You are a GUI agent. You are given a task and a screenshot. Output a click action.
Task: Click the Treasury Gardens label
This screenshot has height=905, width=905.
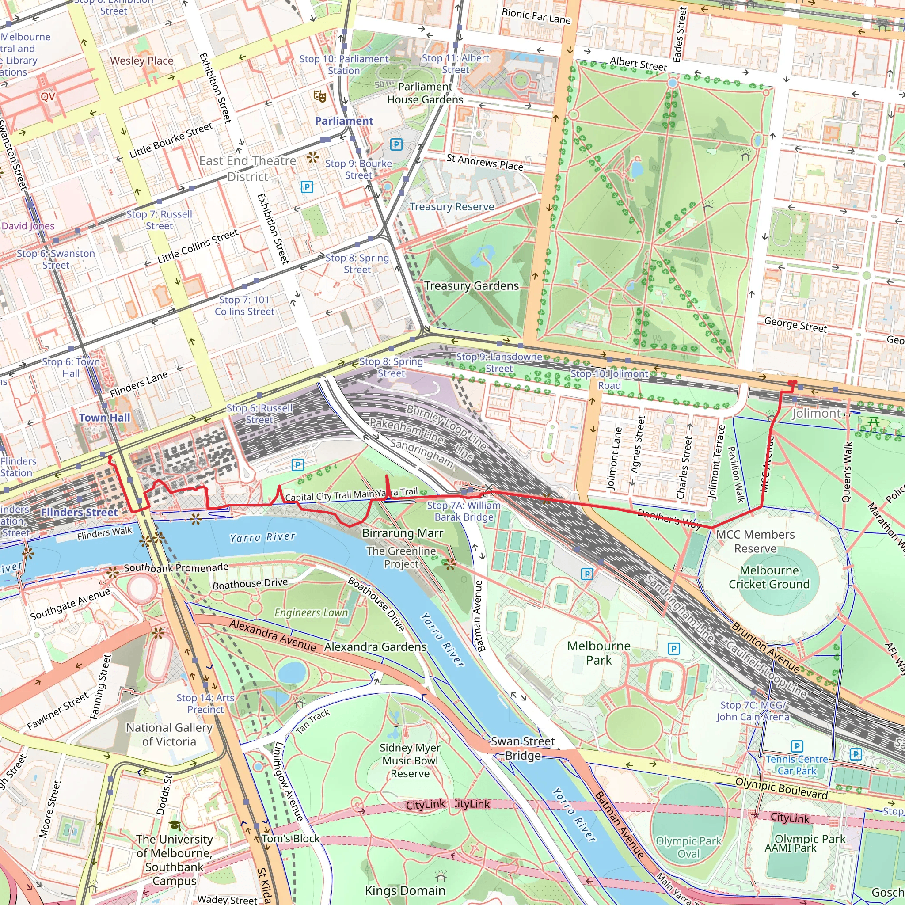click(471, 286)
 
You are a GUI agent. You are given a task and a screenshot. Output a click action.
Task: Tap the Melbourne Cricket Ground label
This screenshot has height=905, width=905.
click(769, 577)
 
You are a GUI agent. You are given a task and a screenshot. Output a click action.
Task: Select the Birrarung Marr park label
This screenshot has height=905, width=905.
click(403, 533)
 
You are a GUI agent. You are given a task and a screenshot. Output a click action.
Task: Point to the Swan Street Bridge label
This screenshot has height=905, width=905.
click(523, 749)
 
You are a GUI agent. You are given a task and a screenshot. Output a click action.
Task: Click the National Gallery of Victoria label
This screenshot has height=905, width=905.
click(169, 734)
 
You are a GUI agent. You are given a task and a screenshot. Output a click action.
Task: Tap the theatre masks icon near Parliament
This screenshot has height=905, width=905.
click(320, 96)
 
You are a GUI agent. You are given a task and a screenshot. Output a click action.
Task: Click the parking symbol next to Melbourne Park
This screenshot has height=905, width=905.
click(673, 648)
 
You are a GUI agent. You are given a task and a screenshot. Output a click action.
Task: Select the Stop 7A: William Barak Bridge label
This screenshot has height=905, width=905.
click(464, 511)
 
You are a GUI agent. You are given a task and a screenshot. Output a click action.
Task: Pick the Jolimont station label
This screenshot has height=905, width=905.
click(817, 413)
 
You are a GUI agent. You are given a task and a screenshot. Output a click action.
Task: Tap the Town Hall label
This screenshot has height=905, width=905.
click(104, 417)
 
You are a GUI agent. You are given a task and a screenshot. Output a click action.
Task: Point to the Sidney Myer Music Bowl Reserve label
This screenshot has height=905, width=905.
click(410, 761)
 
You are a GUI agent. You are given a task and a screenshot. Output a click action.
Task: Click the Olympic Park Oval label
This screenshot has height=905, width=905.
click(688, 847)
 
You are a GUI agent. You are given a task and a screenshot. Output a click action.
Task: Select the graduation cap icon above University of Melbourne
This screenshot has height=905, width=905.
click(175, 825)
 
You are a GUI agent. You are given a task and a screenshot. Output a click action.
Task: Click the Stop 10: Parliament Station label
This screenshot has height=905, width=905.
click(344, 65)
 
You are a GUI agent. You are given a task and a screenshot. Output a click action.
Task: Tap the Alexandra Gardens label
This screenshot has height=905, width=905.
click(375, 647)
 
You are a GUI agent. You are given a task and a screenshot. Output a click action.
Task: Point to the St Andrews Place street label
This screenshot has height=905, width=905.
click(484, 162)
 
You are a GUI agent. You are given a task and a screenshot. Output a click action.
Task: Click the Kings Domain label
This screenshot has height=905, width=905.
click(405, 890)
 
